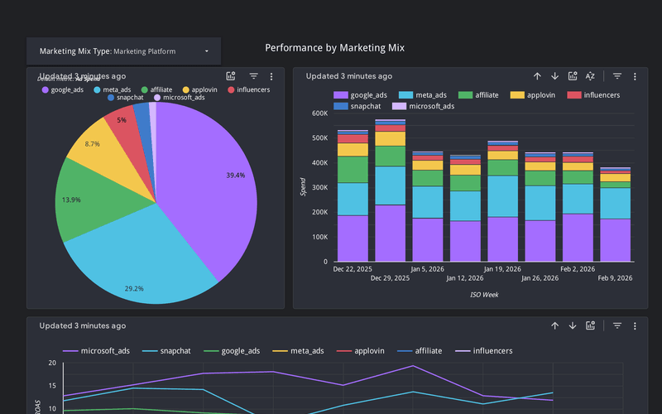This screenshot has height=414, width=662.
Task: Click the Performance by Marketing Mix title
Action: tap(334, 48)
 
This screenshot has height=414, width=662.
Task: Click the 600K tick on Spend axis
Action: tap(319, 113)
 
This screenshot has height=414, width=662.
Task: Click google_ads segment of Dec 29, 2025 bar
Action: tap(390, 233)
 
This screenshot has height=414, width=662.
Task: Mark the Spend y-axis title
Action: tap(303, 187)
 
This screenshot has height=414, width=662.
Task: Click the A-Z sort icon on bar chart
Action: tap(590, 76)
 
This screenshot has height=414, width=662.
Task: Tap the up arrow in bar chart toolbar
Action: tap(537, 76)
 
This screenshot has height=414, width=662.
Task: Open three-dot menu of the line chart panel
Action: tap(635, 326)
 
